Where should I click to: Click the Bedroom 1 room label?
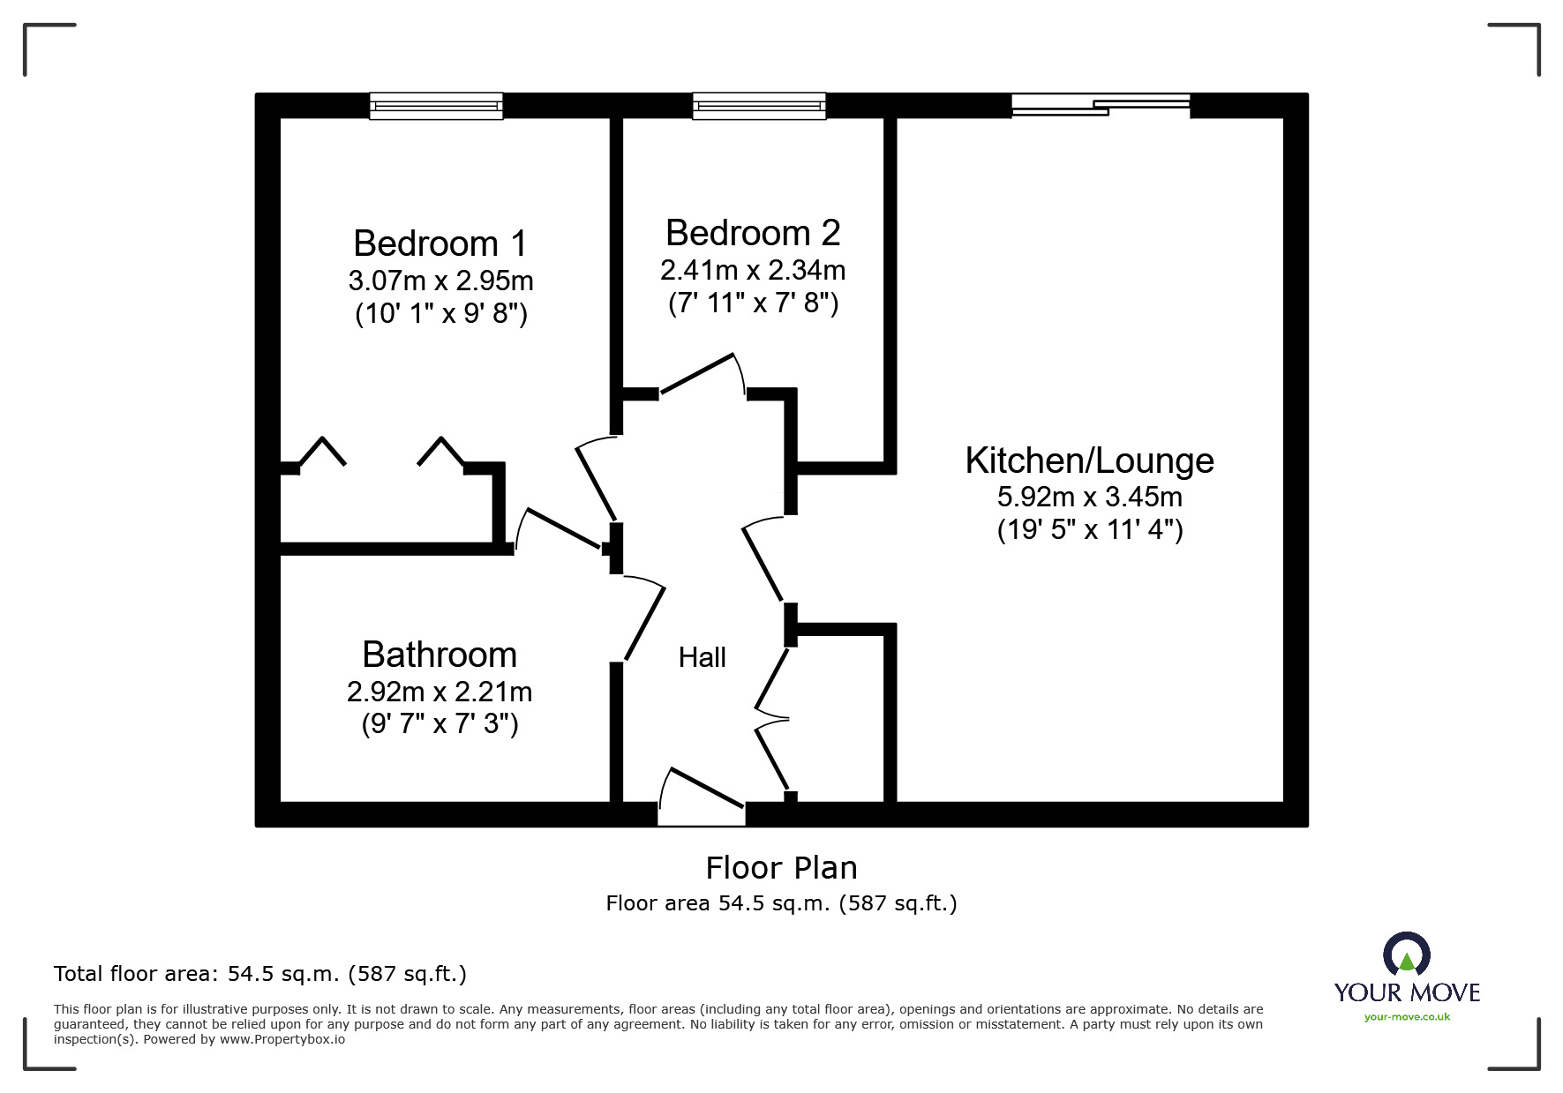tap(440, 243)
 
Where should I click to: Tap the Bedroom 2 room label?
tap(752, 233)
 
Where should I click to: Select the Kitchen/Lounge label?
tap(1089, 460)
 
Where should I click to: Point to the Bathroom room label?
tap(440, 655)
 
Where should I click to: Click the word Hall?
tap(702, 657)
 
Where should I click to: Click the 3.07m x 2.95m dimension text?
tap(440, 281)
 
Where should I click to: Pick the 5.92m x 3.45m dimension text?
tap(1089, 497)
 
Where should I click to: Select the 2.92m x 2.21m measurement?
tap(440, 692)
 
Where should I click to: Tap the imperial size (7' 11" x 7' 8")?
tap(753, 303)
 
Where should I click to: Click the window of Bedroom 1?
tap(436, 106)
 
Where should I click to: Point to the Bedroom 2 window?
tap(759, 106)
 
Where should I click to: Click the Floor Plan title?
tap(781, 868)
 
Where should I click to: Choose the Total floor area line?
tap(260, 974)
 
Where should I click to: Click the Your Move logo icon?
tap(1406, 955)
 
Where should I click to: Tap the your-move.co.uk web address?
tap(1407, 1017)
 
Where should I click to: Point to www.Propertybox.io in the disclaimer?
tap(282, 1039)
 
